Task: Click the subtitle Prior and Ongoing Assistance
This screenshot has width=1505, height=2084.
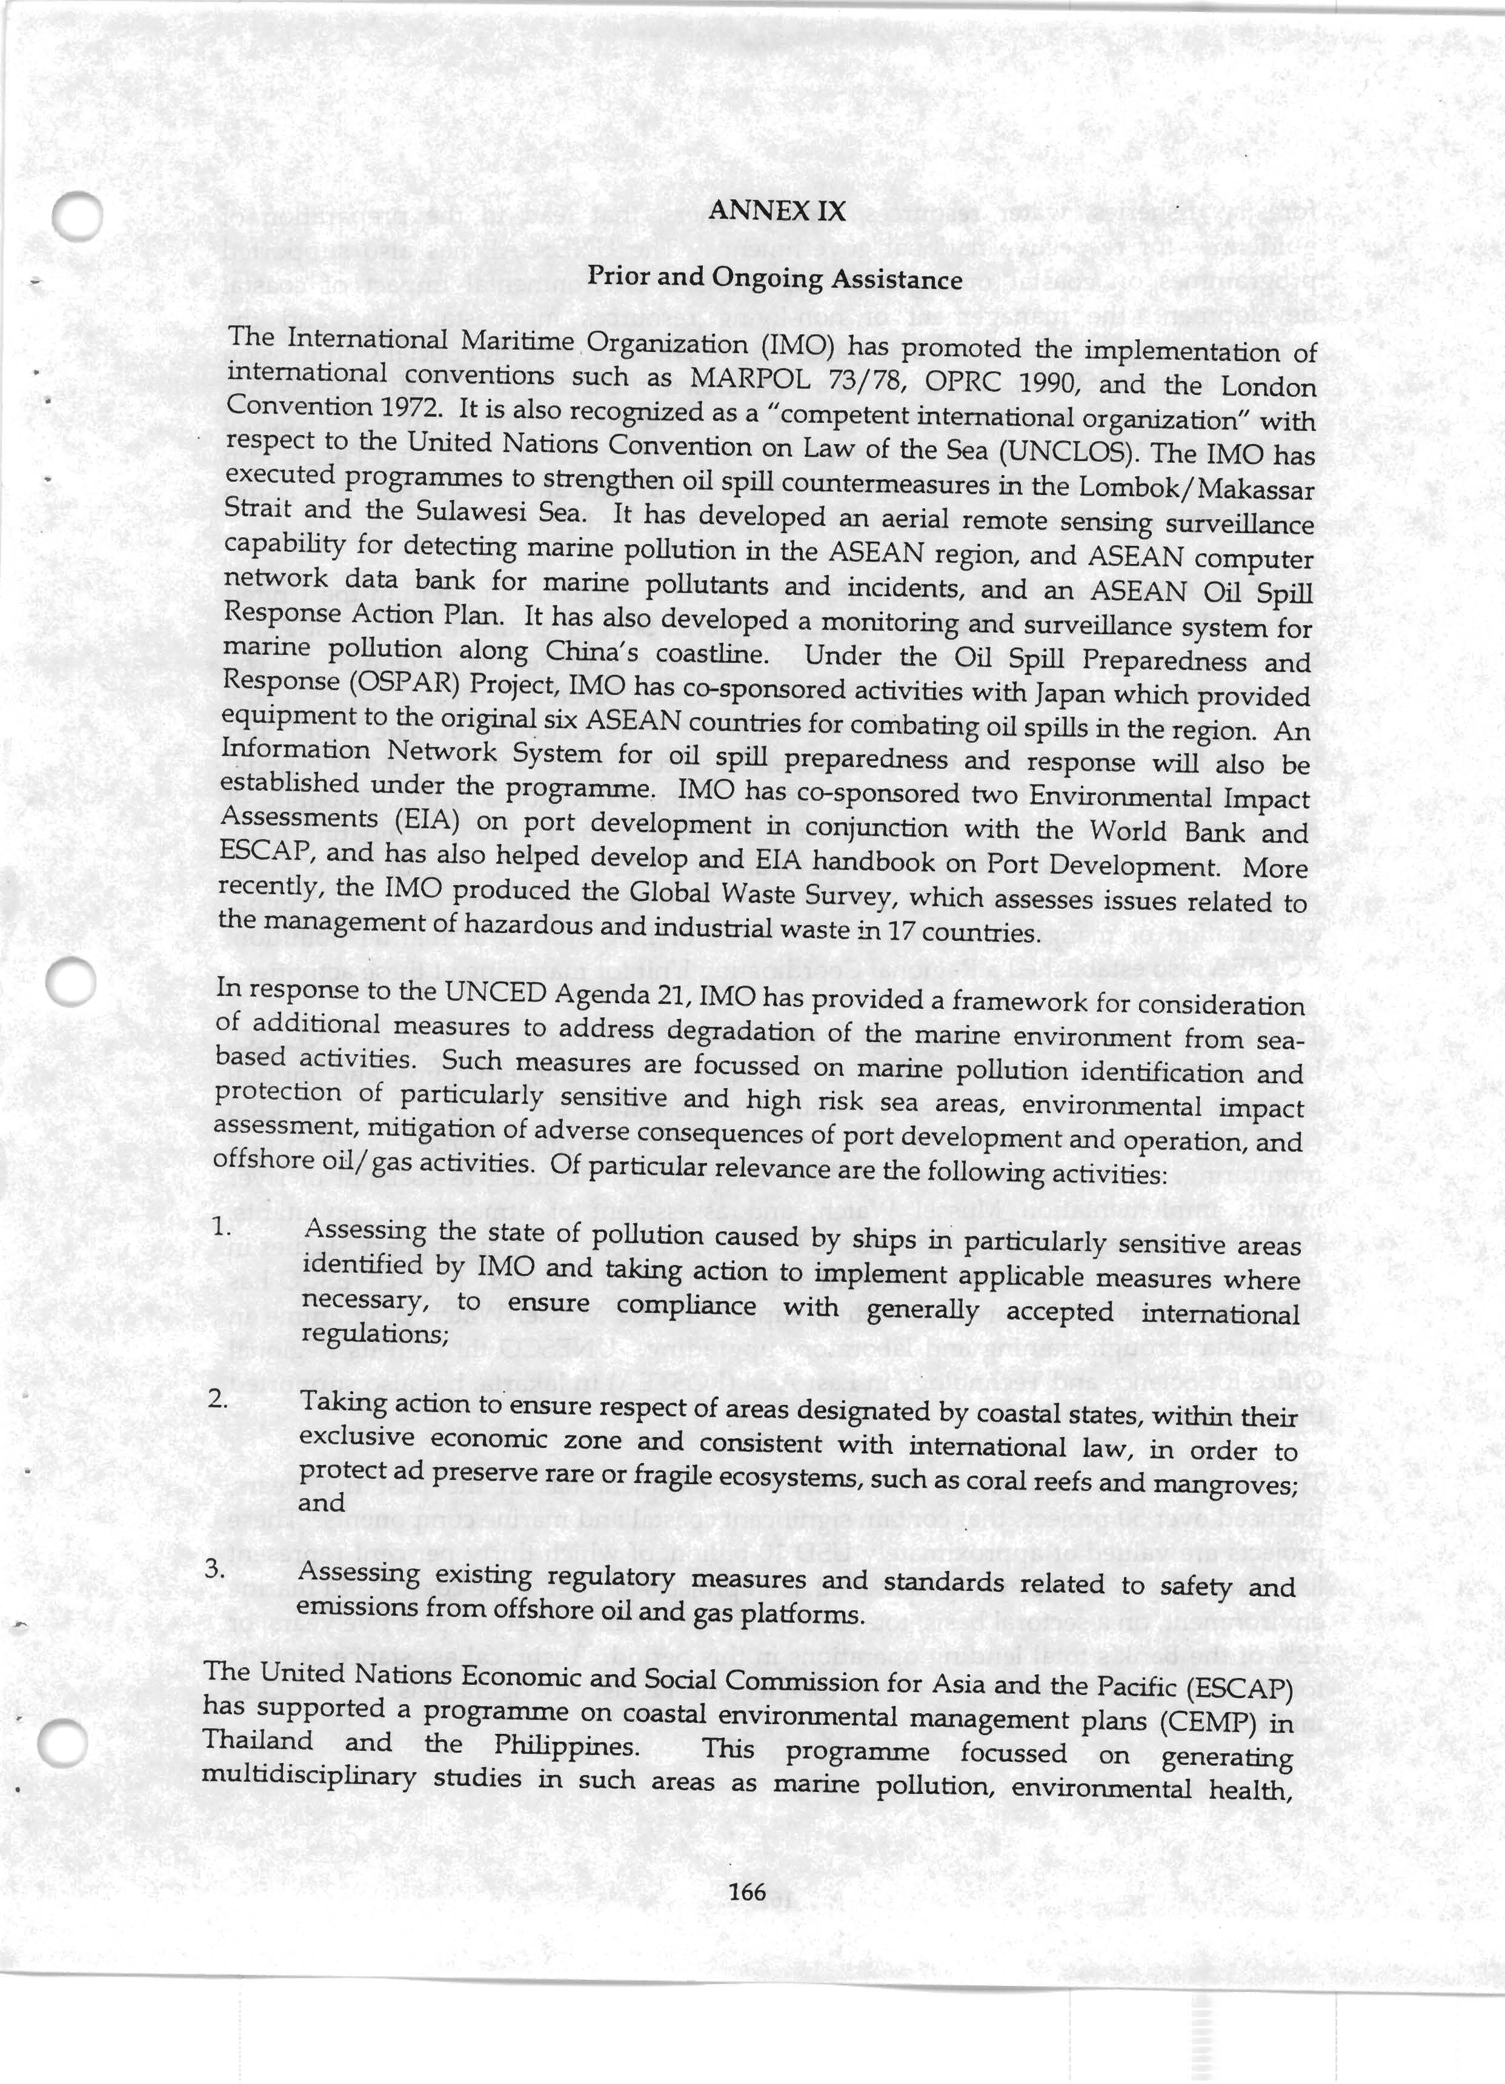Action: (774, 277)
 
